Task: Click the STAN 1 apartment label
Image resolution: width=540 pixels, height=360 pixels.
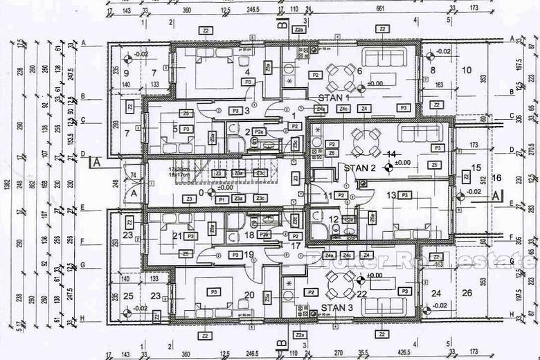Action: click(334, 98)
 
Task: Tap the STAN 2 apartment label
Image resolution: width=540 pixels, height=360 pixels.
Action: click(359, 168)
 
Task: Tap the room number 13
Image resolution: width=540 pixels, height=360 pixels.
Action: click(392, 195)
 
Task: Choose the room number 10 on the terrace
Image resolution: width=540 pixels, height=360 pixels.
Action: click(467, 70)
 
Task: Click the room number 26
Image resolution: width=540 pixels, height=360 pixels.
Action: click(467, 293)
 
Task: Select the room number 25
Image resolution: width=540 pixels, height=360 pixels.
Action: click(127, 296)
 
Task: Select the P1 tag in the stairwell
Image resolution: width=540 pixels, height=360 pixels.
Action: click(222, 199)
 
